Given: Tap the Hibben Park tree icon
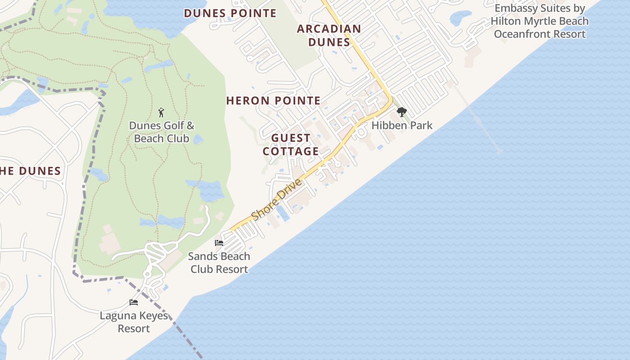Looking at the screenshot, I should click(401, 112).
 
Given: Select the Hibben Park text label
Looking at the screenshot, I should click(402, 126).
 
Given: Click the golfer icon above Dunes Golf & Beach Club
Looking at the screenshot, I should click(162, 112).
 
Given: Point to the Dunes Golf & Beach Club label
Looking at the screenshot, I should click(162, 132).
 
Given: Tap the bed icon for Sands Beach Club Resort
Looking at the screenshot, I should click(219, 243).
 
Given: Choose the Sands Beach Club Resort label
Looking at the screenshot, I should click(219, 263).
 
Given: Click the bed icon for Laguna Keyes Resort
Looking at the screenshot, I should click(134, 302).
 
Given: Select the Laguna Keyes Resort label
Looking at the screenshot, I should click(134, 322).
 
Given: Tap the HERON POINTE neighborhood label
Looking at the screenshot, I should click(273, 101).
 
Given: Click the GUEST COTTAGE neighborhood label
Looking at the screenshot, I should click(291, 144).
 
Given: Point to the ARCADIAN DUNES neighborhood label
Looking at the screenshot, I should click(329, 36).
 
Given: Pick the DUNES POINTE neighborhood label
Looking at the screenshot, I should click(230, 13).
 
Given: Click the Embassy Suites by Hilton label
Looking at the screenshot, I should click(540, 21).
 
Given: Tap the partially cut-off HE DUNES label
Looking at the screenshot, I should click(30, 171).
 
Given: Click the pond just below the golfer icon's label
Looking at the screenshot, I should click(198, 139).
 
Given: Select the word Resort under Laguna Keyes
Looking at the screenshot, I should click(134, 328).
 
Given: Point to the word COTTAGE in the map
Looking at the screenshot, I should click(291, 151).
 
